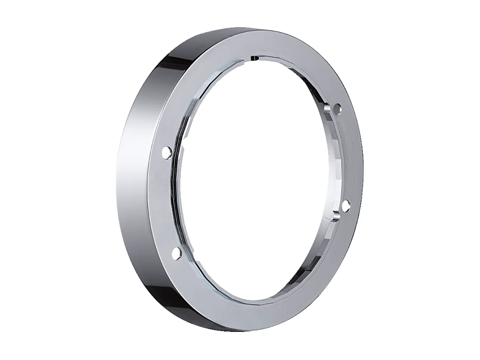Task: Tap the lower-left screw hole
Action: [176, 252]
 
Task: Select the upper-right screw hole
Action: [339, 109]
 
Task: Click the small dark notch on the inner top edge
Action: [254, 58]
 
